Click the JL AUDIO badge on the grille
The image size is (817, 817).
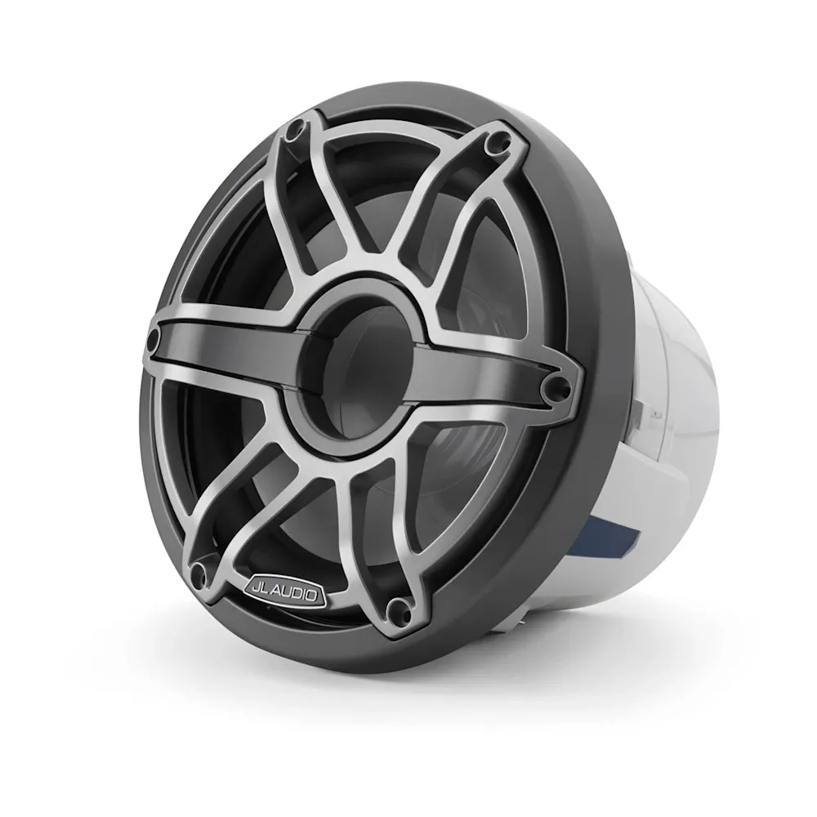tap(284, 591)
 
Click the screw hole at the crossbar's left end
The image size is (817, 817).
tap(154, 339)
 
